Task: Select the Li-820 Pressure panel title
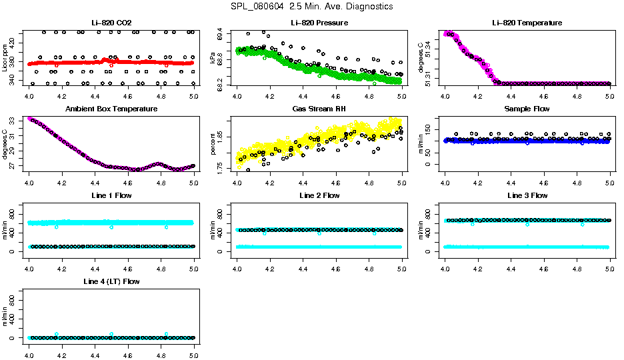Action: [319, 23]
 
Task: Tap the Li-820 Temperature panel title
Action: [527, 23]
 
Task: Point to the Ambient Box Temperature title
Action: [111, 109]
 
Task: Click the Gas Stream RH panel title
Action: [319, 109]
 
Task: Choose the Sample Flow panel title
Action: [527, 109]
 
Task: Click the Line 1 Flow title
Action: [111, 195]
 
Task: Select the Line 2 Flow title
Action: [319, 195]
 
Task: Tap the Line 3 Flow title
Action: [527, 195]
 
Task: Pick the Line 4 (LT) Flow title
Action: [111, 282]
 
